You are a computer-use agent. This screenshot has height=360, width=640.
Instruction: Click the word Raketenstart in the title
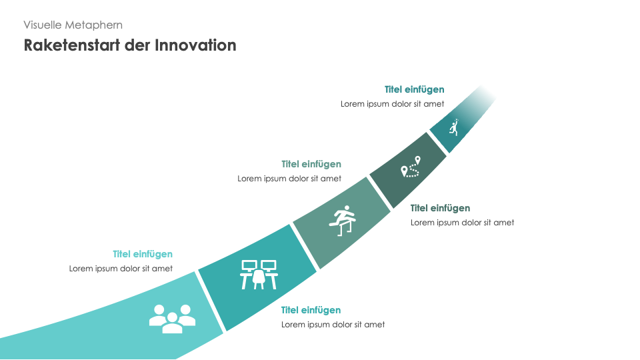coord(72,45)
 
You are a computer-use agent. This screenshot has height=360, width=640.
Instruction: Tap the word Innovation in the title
coord(195,45)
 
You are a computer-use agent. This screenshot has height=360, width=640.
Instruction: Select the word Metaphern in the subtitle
coord(93,25)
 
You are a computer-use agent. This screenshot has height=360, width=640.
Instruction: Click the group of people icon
coord(172,319)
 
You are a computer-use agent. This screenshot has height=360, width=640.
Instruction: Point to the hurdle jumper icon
coord(343,221)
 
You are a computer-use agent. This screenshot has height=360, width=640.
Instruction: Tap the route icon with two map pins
coord(411,167)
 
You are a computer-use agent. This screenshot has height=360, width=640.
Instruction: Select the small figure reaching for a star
coord(454,127)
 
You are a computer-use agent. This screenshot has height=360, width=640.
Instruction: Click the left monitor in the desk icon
coord(249,265)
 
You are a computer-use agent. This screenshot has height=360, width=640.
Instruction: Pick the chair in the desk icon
coord(259,279)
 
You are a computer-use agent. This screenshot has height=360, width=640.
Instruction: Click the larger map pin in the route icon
coord(404,171)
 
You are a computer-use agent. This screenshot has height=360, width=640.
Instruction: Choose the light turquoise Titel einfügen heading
coord(143,254)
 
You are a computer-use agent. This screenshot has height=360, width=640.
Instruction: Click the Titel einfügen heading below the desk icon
coord(311,310)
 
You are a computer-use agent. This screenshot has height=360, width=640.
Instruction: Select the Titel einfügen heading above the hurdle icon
coord(311,164)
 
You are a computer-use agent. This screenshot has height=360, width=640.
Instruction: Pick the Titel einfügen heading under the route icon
coord(441,208)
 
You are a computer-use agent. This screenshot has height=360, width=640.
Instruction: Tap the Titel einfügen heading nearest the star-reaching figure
coord(414,89)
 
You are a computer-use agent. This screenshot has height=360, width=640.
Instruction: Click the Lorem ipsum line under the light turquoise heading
coord(121,268)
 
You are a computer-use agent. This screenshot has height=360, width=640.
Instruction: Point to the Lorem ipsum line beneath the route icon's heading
coord(463,222)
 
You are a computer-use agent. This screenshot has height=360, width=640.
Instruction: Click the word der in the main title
coord(137,45)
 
